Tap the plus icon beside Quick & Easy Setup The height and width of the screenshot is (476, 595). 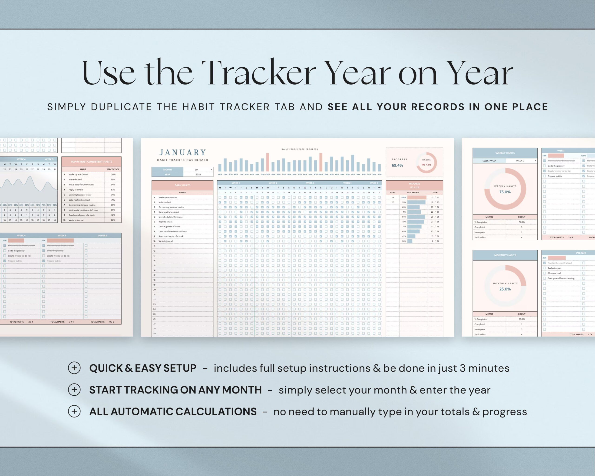click(74, 368)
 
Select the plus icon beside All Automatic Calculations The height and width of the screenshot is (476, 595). click(74, 411)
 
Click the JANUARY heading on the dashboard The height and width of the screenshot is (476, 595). click(182, 152)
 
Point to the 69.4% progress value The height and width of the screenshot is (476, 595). click(397, 165)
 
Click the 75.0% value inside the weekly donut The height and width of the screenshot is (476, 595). click(505, 192)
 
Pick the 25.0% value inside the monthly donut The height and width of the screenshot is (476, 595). click(505, 289)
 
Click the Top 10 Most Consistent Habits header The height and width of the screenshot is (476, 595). click(91, 162)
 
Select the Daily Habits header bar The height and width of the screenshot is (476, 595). click(182, 185)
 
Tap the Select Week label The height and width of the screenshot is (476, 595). click(489, 161)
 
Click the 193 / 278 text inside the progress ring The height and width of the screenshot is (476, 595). click(426, 165)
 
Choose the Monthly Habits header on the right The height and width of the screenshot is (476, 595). click(505, 255)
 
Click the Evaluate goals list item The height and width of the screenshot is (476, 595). click(554, 268)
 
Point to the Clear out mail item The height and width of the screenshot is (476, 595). click(554, 273)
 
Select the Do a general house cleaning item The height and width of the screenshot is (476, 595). click(561, 278)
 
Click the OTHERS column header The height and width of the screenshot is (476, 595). click(102, 236)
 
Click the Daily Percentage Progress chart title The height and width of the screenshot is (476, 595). click(299, 149)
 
